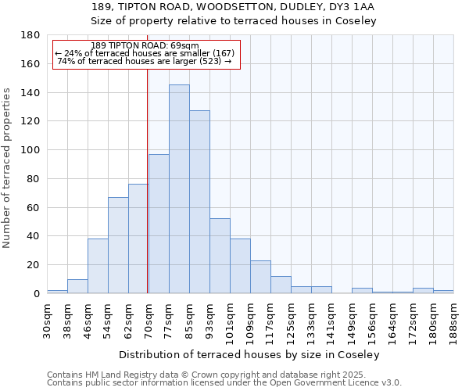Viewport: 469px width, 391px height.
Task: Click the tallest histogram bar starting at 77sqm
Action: [x=179, y=189]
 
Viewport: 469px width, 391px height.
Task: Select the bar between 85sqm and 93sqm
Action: [x=199, y=202]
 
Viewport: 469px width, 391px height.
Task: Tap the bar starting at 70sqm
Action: [x=159, y=224]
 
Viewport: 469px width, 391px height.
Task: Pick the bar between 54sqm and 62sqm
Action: [x=118, y=246]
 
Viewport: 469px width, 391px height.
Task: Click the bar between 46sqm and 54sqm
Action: [x=98, y=266]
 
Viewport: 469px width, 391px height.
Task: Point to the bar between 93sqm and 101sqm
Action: [x=220, y=256]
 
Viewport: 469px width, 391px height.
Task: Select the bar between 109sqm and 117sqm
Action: [x=260, y=277]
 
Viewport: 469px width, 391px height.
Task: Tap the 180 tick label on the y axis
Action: [x=30, y=35]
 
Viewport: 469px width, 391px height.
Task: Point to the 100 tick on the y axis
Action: [x=30, y=150]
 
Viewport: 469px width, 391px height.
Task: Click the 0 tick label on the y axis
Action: [x=36, y=294]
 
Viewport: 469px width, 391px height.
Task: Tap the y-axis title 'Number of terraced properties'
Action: [x=8, y=168]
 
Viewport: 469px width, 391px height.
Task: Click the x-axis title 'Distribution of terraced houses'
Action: [x=250, y=354]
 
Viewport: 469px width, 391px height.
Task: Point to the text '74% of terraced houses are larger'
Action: [x=145, y=61]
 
